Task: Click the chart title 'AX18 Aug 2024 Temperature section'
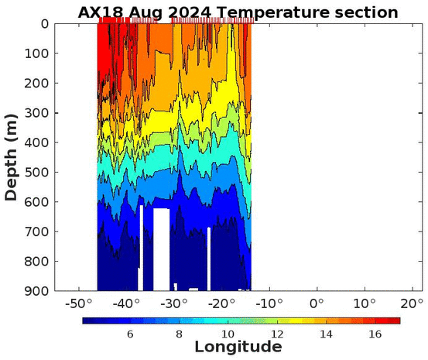tap(238, 12)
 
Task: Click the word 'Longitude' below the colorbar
tap(238, 347)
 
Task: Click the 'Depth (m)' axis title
tap(11, 158)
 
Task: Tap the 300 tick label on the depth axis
tap(36, 113)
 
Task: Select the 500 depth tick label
tap(36, 172)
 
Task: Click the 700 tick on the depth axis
tap(36, 231)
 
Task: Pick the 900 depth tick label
tap(36, 291)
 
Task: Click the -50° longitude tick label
tap(79, 303)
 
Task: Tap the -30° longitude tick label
tap(174, 303)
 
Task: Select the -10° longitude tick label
tap(269, 303)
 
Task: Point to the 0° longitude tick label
tap(317, 303)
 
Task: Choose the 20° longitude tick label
tap(413, 303)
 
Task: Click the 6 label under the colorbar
tap(130, 334)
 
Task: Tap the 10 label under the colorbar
tap(228, 334)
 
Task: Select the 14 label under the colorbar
tap(326, 334)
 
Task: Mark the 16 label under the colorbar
tap(375, 334)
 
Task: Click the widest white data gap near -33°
tap(161, 249)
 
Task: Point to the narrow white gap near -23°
tap(209, 259)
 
